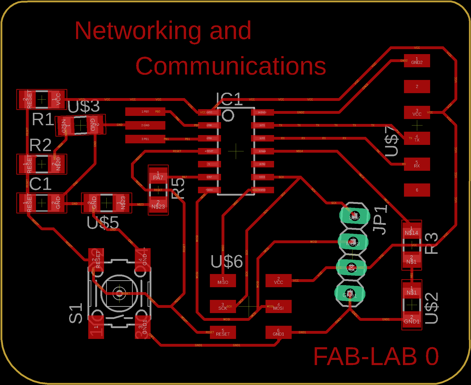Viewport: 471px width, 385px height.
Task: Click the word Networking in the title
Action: pos(138,31)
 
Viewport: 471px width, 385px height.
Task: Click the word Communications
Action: pos(230,66)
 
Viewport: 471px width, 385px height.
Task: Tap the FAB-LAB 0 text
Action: pos(376,357)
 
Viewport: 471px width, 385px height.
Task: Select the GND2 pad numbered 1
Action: pos(417,61)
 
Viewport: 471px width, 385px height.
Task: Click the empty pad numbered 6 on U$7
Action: pos(417,190)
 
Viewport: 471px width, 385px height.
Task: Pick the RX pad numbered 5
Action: pos(417,164)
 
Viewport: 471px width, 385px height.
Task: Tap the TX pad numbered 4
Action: pos(417,138)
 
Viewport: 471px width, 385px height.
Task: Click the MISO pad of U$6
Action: pos(223,281)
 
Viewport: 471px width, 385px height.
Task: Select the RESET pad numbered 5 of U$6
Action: pos(223,332)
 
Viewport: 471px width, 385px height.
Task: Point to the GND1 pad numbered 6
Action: pos(278,332)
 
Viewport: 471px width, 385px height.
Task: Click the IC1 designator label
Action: pos(229,99)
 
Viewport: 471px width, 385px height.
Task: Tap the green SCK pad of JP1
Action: pos(355,216)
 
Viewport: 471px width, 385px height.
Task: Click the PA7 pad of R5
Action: pos(158,176)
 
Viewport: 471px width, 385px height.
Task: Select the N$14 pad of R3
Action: pos(411,231)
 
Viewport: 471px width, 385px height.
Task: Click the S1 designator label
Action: pos(76,314)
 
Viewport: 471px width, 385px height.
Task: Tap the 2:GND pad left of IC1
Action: pos(145,125)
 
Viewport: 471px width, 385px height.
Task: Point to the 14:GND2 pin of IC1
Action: pos(262,112)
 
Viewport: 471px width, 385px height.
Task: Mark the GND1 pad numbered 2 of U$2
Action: pos(412,320)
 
